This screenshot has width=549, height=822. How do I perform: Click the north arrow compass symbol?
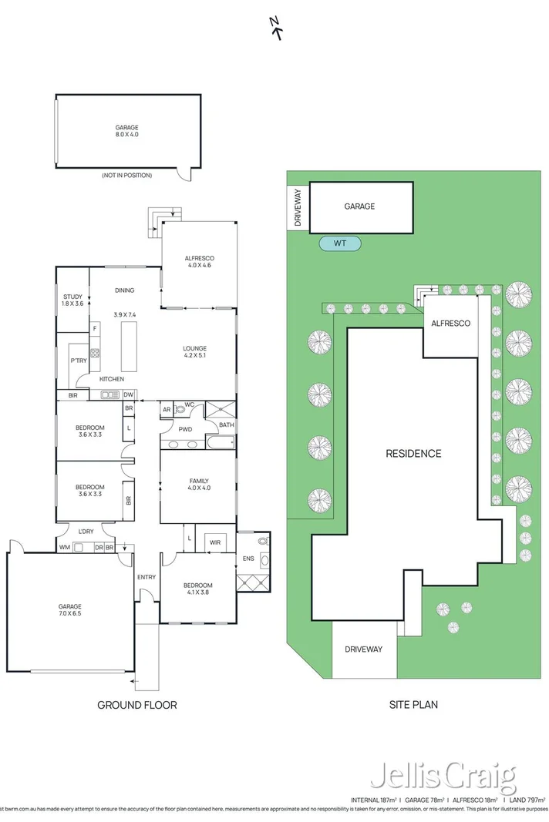[x=274, y=28]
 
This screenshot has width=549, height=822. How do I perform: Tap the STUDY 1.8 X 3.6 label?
[x=72, y=300]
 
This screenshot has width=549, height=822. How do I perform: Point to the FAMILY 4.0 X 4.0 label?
[x=198, y=485]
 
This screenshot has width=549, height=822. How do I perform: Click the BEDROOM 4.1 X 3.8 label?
[x=198, y=589]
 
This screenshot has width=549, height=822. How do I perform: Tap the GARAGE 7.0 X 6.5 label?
[x=69, y=610]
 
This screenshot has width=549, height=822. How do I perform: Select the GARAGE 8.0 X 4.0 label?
[x=127, y=131]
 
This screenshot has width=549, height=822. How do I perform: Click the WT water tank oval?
[x=340, y=243]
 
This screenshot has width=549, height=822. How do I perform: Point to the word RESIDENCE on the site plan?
[x=413, y=454]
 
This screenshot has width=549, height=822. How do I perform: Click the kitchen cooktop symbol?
[x=95, y=354]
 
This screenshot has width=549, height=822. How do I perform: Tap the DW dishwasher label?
[x=128, y=395]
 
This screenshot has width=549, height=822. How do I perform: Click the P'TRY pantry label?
[x=78, y=361]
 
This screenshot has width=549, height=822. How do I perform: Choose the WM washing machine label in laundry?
[x=64, y=547]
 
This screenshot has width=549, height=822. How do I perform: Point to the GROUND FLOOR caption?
[x=137, y=704]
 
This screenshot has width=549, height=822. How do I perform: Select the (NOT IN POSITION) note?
[x=126, y=176]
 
